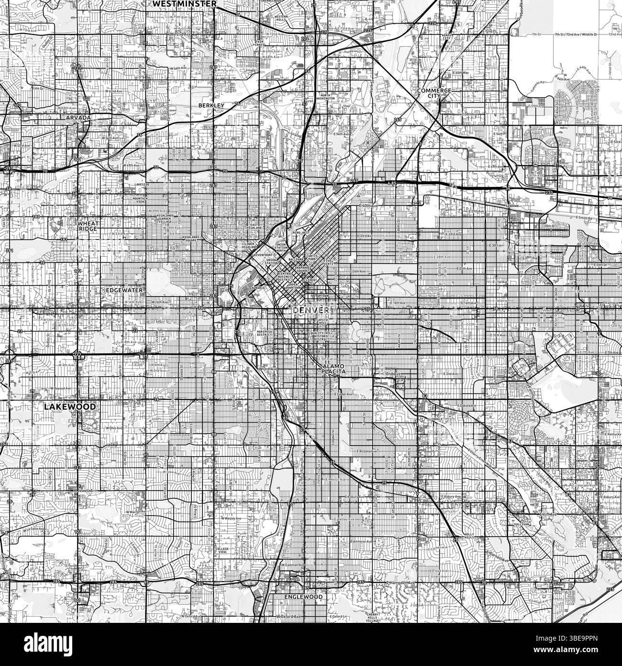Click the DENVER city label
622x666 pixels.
coord(310,310)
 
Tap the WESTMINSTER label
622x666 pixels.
coord(185,3)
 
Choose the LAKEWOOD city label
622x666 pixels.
coord(69,406)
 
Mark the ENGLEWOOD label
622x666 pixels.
coord(303,597)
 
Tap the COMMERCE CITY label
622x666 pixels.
coord(434,93)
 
